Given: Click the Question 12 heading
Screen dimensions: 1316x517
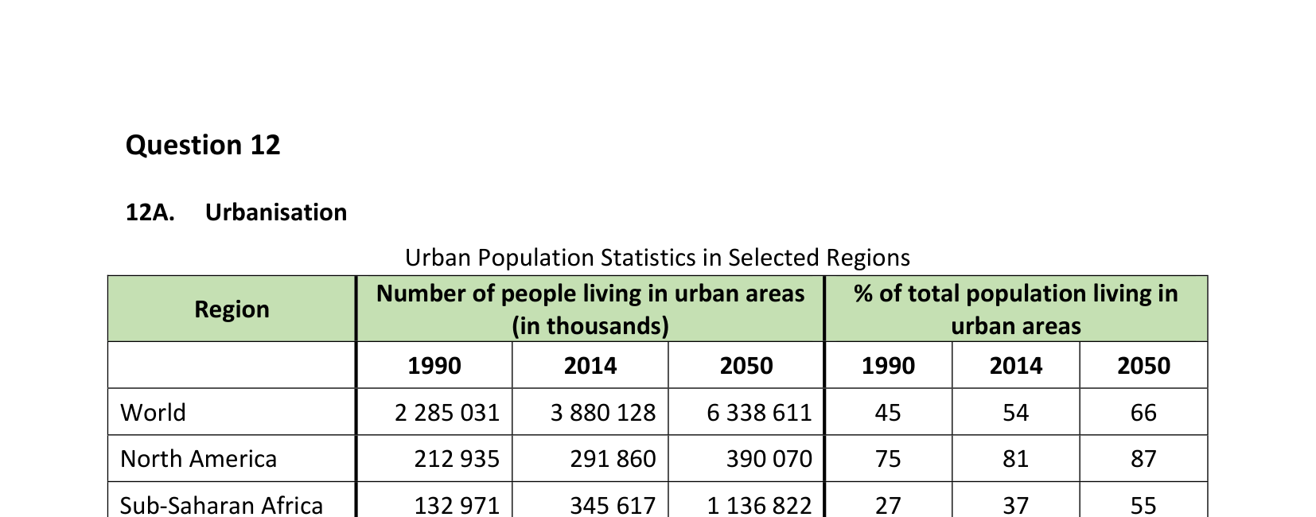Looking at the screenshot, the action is click(x=203, y=145).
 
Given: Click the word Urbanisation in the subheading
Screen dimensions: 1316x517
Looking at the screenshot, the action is click(x=276, y=212).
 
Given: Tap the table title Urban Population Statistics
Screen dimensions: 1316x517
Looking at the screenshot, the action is click(x=657, y=258).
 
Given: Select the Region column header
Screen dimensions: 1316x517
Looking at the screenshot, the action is click(x=232, y=309).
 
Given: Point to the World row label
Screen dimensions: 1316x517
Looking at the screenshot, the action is click(x=153, y=413).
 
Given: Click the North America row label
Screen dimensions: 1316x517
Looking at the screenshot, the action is click(x=199, y=459).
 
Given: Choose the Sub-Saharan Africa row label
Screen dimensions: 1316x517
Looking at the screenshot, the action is click(x=221, y=505).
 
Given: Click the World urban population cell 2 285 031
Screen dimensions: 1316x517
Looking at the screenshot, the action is click(x=447, y=413).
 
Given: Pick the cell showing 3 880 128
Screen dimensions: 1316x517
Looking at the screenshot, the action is click(x=603, y=413).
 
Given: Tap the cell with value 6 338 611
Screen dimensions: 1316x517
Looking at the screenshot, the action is click(x=759, y=413).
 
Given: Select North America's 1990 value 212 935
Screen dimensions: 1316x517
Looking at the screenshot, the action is click(x=457, y=459).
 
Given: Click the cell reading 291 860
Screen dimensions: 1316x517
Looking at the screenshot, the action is click(x=613, y=459).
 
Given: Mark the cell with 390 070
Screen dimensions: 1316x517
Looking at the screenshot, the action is click(x=769, y=459).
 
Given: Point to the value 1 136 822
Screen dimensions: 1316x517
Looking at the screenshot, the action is click(x=759, y=505).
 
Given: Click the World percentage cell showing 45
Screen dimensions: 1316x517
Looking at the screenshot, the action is click(x=888, y=413).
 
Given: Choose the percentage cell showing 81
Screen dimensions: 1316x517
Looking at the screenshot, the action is click(x=1016, y=459).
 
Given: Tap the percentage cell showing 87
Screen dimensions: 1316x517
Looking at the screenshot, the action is click(x=1143, y=459).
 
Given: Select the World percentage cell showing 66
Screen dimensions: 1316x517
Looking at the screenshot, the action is click(x=1143, y=413).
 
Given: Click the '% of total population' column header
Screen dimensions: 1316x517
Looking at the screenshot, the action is click(x=1016, y=309).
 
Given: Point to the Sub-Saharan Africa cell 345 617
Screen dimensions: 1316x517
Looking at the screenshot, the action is click(x=613, y=505).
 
